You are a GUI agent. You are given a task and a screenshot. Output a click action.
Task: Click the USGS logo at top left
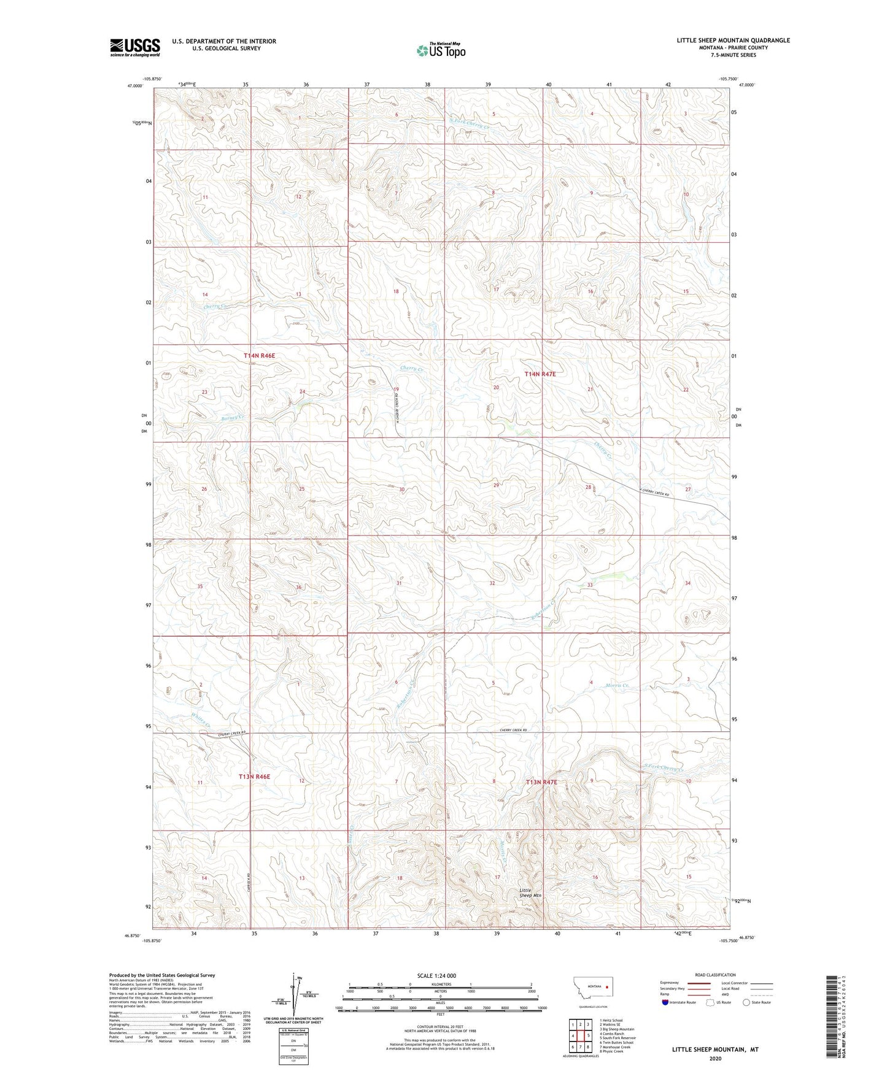(x=134, y=47)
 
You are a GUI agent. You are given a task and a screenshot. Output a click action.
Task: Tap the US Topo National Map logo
(x=440, y=50)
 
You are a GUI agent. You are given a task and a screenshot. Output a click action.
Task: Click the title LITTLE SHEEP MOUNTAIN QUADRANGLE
(x=733, y=40)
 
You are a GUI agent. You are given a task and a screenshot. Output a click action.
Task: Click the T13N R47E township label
(x=541, y=782)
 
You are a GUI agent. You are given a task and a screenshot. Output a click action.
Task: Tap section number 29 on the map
(x=496, y=485)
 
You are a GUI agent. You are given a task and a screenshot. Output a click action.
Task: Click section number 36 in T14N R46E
(x=299, y=587)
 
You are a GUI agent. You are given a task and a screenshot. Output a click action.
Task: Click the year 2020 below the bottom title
(x=715, y=1058)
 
